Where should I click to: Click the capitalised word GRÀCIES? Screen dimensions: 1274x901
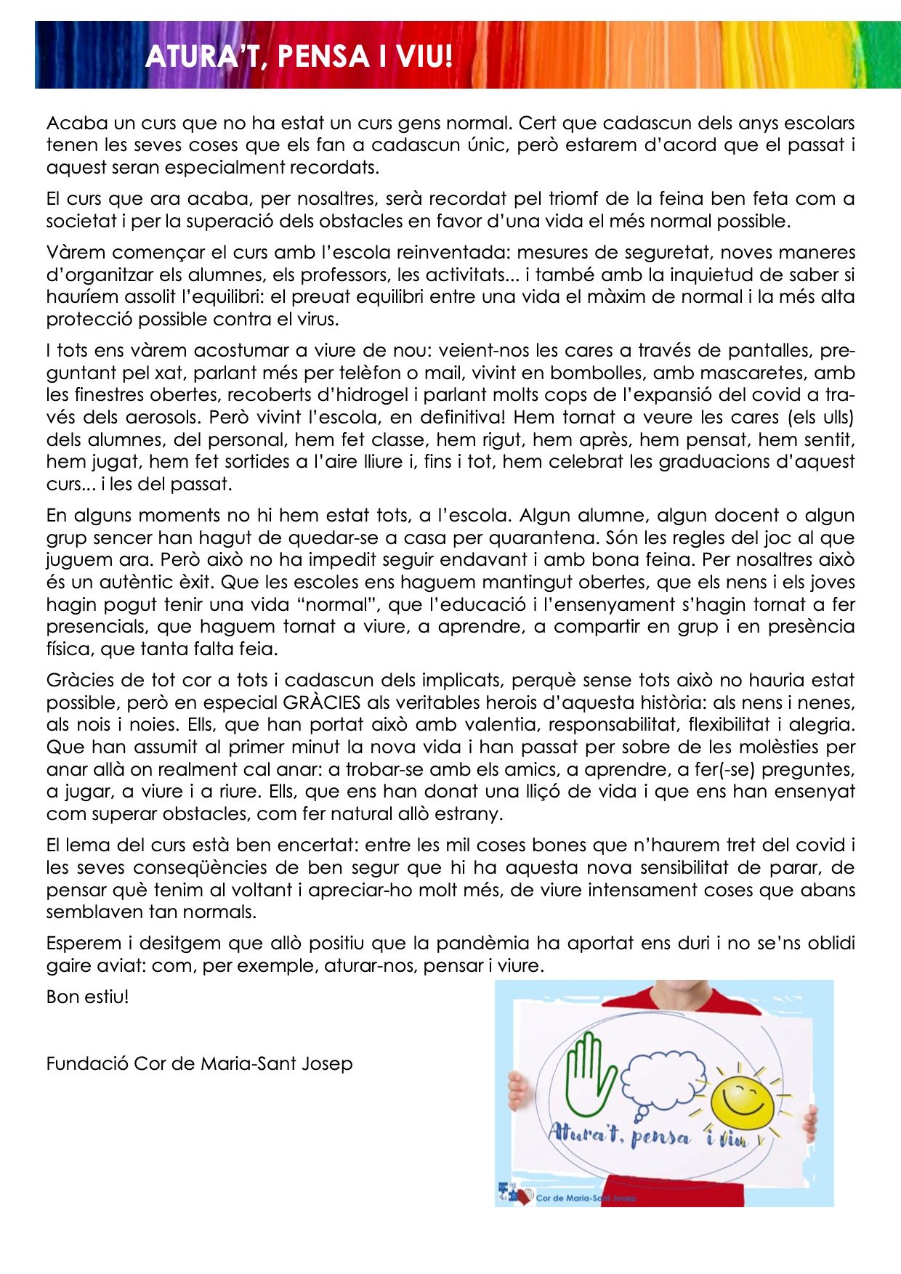tap(322, 703)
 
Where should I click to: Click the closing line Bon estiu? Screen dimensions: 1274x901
tap(87, 997)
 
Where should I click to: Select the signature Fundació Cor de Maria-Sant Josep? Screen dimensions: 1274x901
tap(199, 1064)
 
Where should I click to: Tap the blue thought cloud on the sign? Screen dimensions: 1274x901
tap(663, 1082)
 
